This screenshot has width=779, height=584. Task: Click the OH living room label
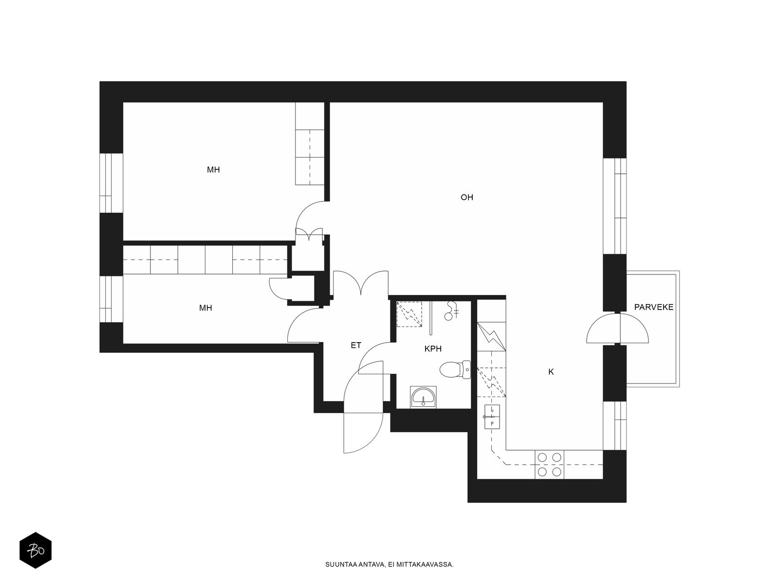pyautogui.click(x=466, y=198)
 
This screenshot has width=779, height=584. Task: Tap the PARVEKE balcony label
pyautogui.click(x=653, y=308)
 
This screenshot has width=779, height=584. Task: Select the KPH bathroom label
pyautogui.click(x=433, y=349)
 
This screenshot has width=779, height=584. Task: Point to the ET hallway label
pyautogui.click(x=355, y=346)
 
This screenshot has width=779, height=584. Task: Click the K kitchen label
pyautogui.click(x=551, y=372)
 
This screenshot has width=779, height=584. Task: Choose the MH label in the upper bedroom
pyautogui.click(x=213, y=170)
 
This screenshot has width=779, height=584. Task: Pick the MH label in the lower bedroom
pyautogui.click(x=205, y=308)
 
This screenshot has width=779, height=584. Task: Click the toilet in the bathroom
pyautogui.click(x=455, y=370)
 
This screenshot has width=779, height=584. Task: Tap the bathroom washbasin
pyautogui.click(x=424, y=397)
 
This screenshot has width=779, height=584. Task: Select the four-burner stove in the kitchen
pyautogui.click(x=549, y=464)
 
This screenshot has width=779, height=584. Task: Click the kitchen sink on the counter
pyautogui.click(x=492, y=417)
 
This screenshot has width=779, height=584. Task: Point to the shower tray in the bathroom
pyautogui.click(x=409, y=314)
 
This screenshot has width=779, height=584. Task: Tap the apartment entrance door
pyautogui.click(x=363, y=407)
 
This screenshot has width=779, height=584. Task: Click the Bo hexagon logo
pyautogui.click(x=36, y=550)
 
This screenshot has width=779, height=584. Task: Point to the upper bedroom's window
pyautogui.click(x=111, y=183)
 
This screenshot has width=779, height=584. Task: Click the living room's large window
pyautogui.click(x=615, y=206)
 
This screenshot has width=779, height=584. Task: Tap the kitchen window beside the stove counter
pyautogui.click(x=615, y=426)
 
